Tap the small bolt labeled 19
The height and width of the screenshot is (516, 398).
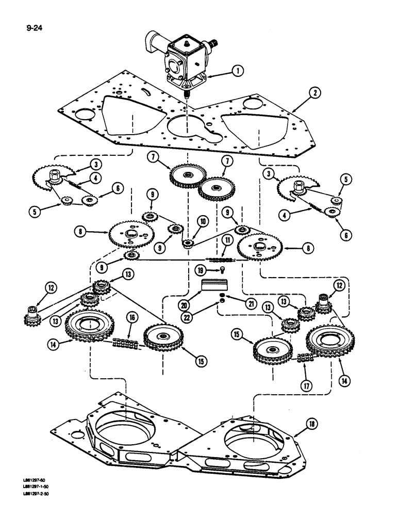point(220,269)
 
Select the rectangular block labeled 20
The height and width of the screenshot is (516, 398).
point(215,285)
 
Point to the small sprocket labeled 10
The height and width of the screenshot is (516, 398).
point(187,242)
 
